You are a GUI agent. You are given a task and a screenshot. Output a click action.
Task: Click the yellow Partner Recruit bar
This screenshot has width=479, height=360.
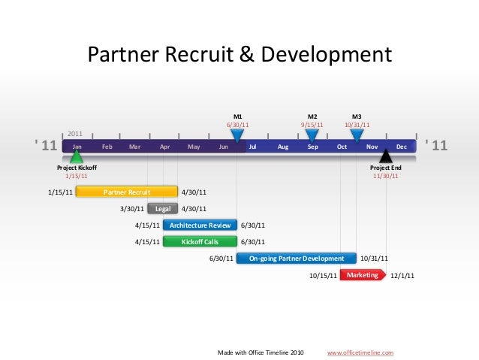click(126, 192)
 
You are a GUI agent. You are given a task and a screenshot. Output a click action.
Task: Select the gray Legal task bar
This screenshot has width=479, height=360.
click(162, 208)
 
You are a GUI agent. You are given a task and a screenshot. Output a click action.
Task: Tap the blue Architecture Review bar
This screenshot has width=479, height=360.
click(200, 225)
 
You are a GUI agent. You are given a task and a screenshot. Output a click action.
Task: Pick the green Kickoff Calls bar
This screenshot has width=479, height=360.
click(200, 241)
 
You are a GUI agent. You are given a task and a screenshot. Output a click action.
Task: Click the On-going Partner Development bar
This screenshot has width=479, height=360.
click(296, 258)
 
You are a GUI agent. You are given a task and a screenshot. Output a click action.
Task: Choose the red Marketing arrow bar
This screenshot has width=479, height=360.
click(363, 275)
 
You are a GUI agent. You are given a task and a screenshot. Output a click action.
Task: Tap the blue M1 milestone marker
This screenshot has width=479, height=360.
click(237, 136)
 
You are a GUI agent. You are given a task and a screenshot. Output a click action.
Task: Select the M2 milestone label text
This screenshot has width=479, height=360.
click(312, 116)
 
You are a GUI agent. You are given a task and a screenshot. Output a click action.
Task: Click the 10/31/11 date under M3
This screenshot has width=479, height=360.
click(357, 125)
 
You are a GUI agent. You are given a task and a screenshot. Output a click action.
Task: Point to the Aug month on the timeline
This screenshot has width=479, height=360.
click(283, 147)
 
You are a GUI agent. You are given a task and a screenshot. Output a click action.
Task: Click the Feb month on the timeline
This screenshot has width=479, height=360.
click(107, 147)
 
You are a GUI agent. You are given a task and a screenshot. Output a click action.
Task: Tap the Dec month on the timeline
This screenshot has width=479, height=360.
click(401, 147)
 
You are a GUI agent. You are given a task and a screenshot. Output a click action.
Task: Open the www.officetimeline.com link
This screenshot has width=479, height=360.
click(360, 352)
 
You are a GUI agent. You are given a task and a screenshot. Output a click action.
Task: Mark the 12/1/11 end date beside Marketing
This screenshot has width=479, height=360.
click(403, 276)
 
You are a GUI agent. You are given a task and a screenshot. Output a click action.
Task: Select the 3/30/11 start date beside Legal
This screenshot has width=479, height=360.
click(132, 208)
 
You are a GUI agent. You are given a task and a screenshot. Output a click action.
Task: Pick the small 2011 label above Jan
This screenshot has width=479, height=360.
click(76, 133)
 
